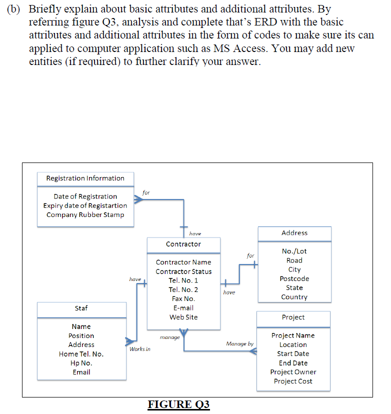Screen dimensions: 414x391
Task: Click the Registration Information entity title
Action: coord(85,178)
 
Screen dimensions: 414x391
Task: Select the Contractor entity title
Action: coord(183,244)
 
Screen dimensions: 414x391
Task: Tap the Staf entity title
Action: coord(81,308)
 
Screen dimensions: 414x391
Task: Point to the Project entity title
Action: coord(293,317)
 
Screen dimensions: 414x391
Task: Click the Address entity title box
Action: coord(294,233)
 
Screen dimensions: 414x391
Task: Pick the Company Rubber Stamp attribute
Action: coord(85,214)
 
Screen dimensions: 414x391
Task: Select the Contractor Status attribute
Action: coord(183,271)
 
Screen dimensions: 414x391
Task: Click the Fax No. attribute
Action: coord(183,298)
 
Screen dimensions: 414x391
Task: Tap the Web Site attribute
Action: coord(183,317)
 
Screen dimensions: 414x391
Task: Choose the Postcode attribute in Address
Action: coord(294,278)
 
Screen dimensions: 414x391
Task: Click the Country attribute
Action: coord(294,297)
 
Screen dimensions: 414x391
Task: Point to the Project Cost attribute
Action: coord(293,381)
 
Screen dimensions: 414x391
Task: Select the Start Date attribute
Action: coord(293,353)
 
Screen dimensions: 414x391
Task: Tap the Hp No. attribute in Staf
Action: coord(81,363)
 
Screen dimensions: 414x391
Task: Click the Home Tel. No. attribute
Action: coord(81,354)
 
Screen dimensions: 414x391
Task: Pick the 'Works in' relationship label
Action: coord(140,348)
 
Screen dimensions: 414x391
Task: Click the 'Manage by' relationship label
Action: coord(239,344)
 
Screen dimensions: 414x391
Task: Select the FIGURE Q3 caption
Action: coord(178,404)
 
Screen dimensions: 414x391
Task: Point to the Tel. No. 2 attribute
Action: coord(183,289)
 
